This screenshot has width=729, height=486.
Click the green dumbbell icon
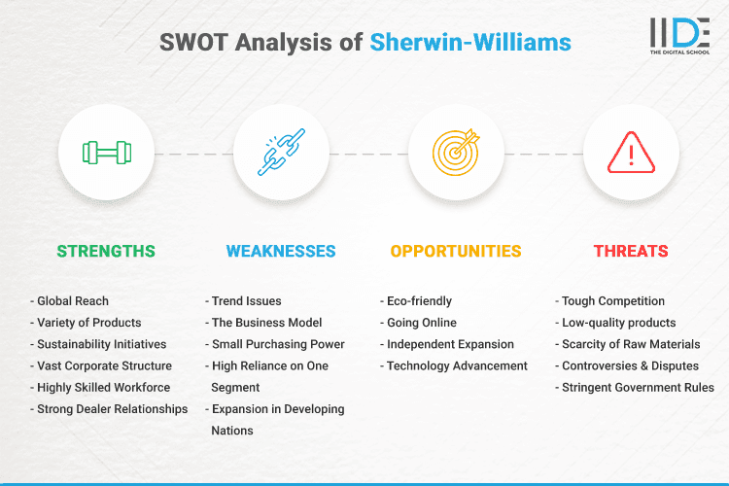[x=106, y=153]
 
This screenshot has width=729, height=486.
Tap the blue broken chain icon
[x=281, y=153]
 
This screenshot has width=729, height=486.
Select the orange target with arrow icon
[x=456, y=153]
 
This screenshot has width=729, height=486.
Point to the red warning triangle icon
[x=631, y=153]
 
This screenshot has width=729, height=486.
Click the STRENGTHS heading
[x=106, y=251]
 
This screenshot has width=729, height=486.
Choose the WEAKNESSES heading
[x=281, y=251]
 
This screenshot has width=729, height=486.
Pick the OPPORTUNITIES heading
[x=456, y=251]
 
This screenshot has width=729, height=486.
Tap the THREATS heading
[x=631, y=251]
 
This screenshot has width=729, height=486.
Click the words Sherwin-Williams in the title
[x=470, y=42]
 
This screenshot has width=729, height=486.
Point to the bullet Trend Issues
[x=246, y=301]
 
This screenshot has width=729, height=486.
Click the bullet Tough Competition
[x=613, y=301]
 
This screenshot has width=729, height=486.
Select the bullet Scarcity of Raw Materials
[x=631, y=344]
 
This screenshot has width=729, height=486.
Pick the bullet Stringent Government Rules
[x=638, y=387]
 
